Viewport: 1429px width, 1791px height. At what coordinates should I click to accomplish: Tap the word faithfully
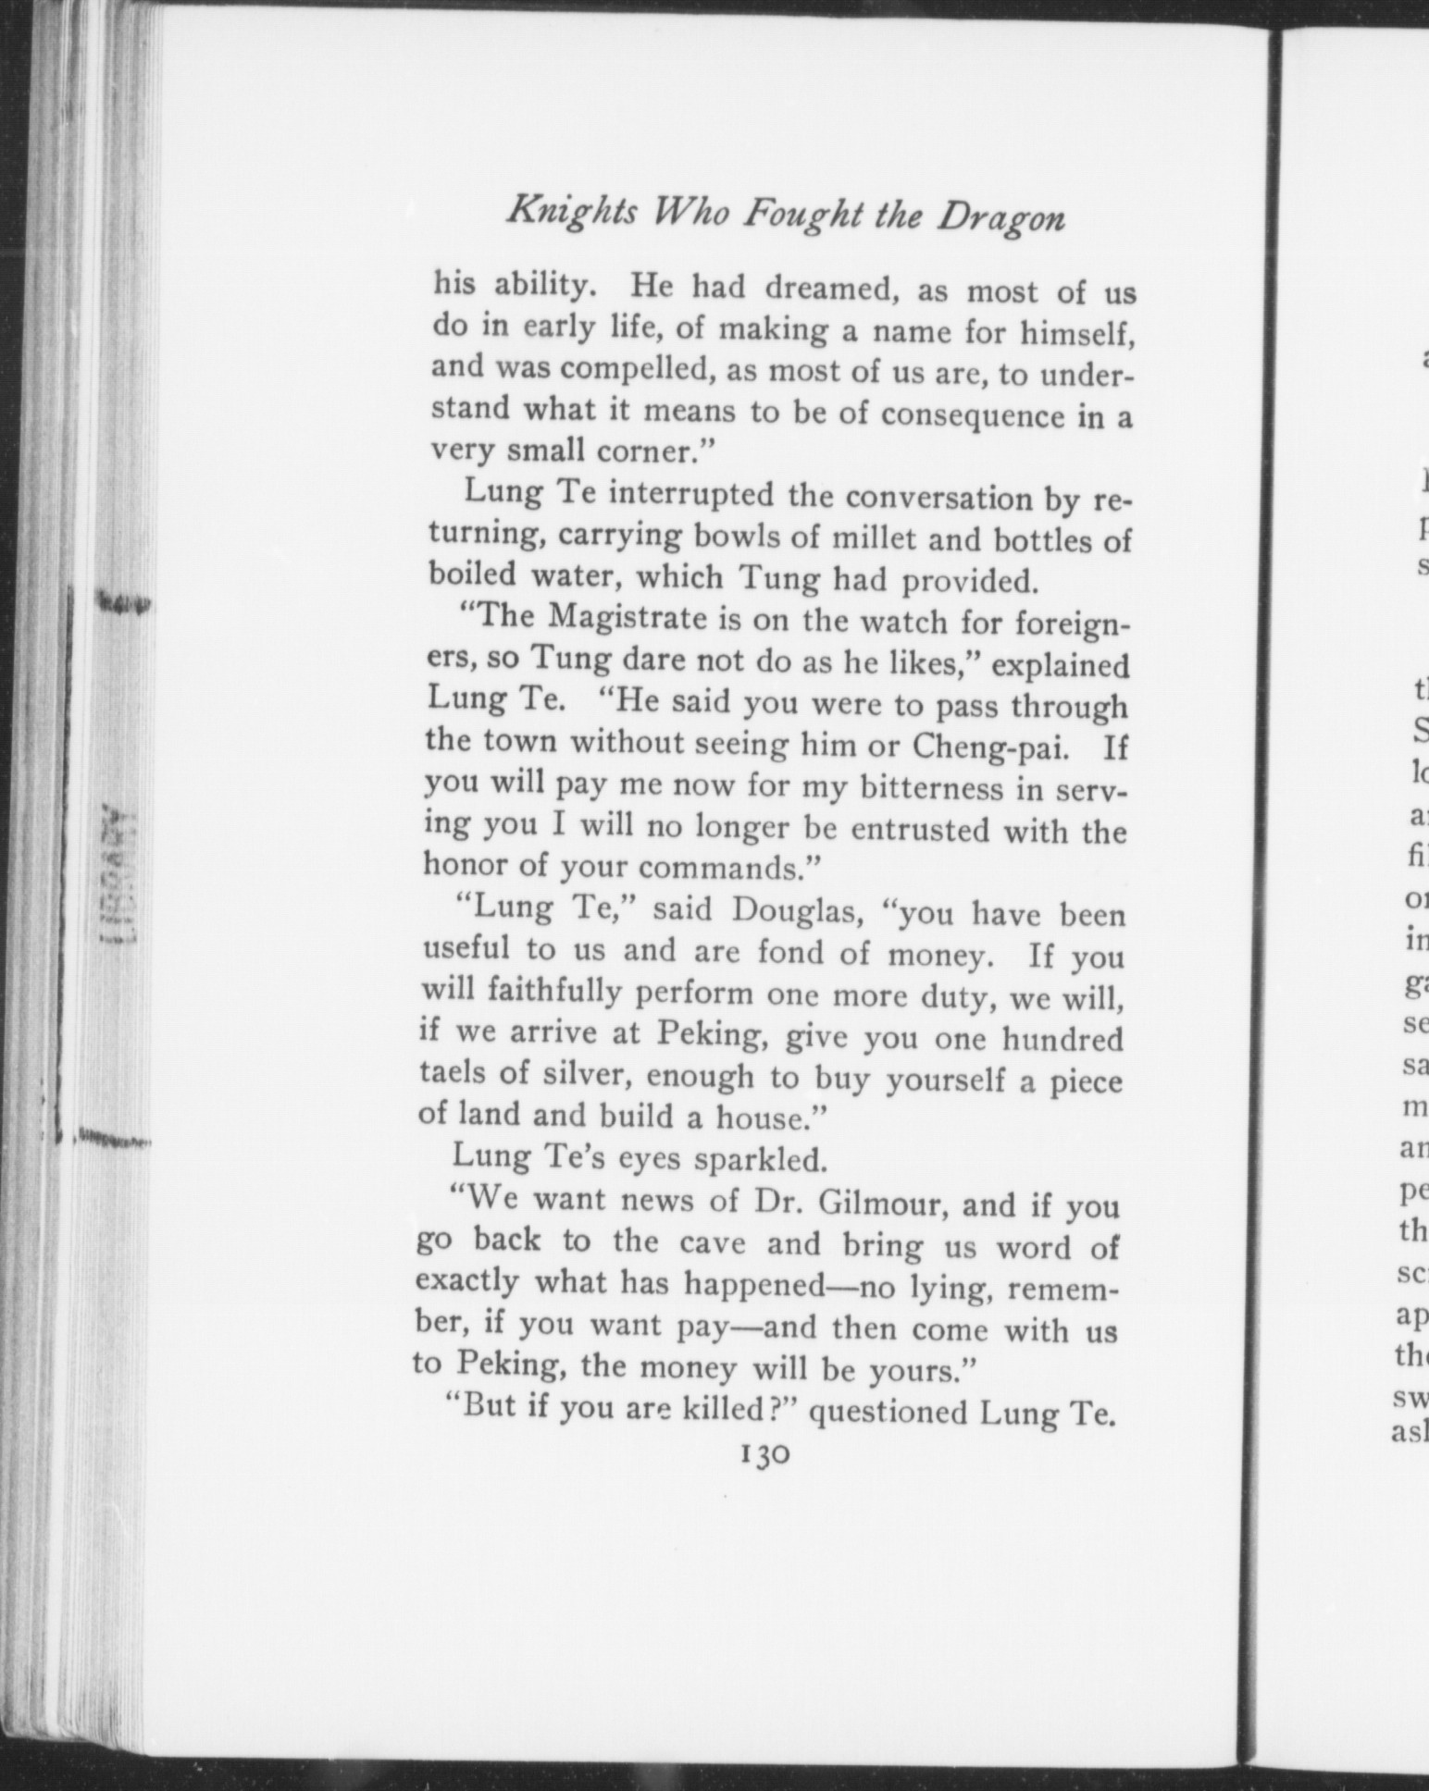(x=522, y=992)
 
